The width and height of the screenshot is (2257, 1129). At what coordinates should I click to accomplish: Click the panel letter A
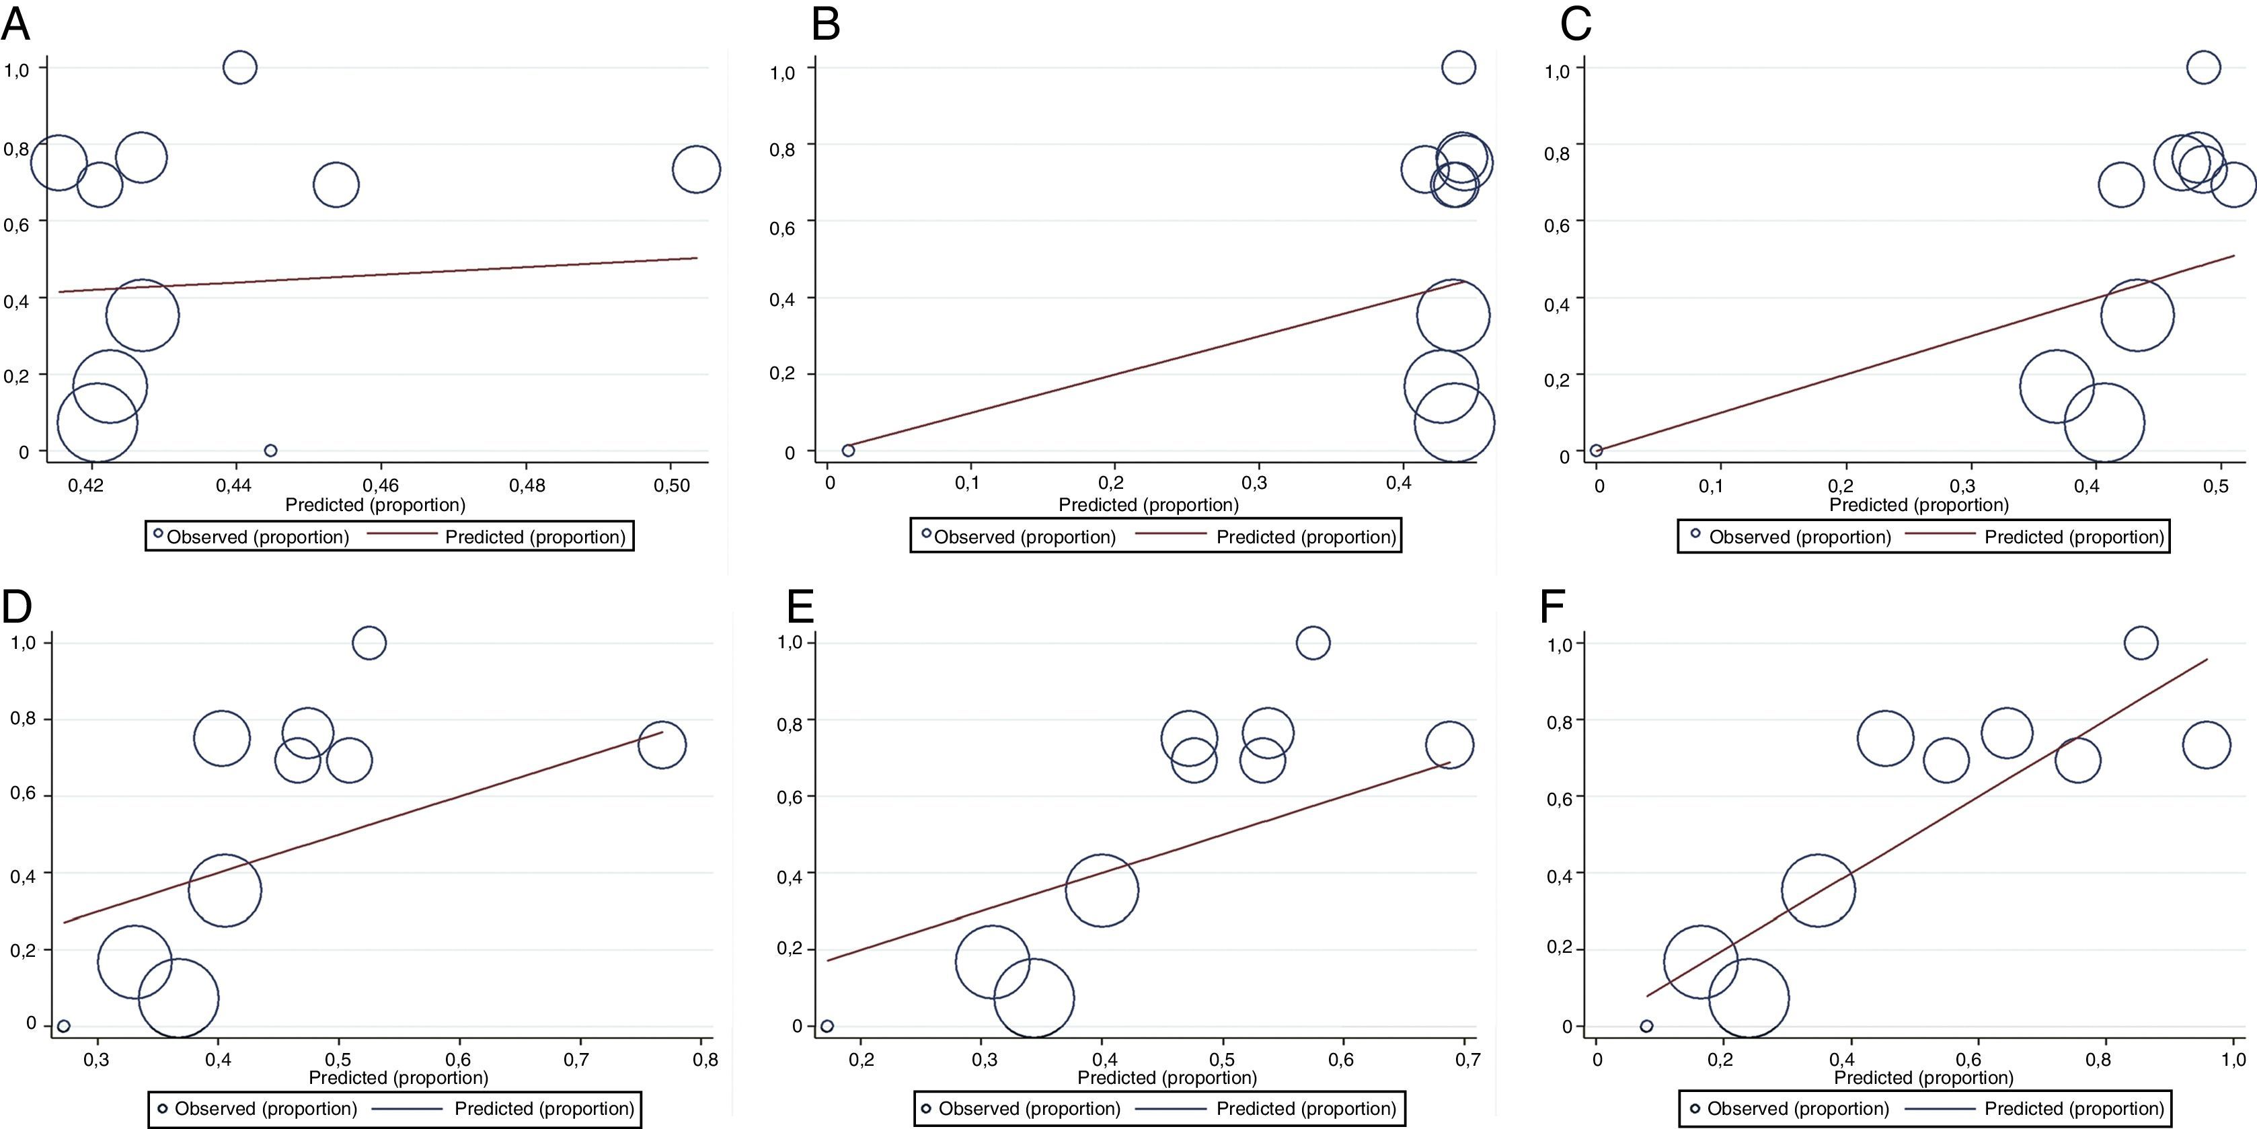15,24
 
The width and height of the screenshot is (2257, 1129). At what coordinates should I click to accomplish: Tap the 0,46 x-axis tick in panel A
380,483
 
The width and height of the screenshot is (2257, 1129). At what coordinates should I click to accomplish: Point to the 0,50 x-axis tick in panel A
672,483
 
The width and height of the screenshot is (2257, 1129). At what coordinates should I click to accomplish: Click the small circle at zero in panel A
271,451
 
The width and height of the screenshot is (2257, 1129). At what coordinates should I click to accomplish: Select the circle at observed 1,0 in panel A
239,67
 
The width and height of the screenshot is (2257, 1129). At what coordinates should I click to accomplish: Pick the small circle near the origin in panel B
848,451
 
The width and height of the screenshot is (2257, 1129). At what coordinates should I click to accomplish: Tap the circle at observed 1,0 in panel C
2204,67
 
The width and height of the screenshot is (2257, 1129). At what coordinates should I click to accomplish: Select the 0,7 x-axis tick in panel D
576,1060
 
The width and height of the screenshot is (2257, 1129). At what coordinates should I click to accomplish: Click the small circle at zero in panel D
63,1025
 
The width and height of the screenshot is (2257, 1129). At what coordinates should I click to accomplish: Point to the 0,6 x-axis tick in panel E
1340,1060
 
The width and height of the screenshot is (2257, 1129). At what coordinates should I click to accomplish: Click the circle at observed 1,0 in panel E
1311,643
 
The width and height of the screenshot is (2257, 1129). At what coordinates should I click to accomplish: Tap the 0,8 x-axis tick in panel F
2098,1060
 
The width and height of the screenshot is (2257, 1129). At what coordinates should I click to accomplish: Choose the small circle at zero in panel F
1646,1025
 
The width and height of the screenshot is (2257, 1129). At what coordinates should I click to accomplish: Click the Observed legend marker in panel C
1695,533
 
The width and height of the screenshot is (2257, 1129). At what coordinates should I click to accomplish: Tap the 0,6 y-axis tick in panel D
23,795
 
